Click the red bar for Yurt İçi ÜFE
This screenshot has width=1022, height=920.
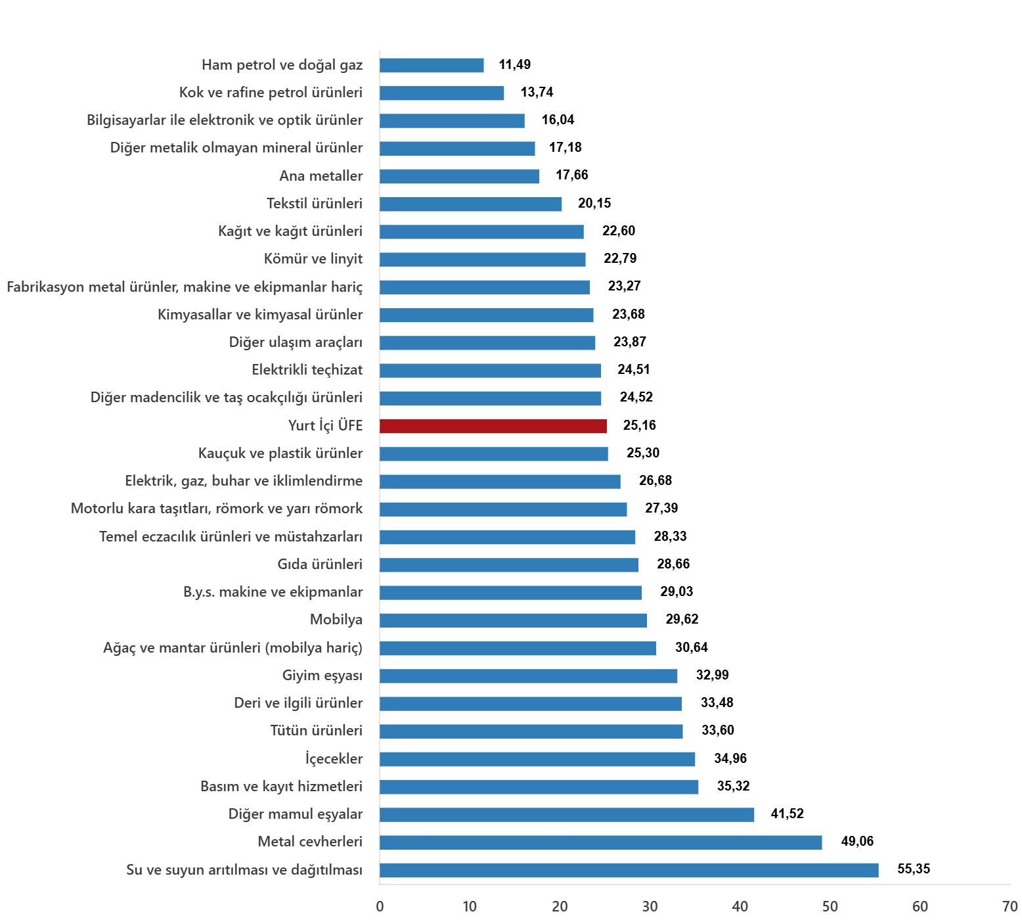tap(493, 426)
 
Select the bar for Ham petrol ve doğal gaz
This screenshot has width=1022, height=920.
tap(432, 65)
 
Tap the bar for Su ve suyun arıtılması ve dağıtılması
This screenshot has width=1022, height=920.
tap(629, 870)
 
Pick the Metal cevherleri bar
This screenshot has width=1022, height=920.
tap(600, 842)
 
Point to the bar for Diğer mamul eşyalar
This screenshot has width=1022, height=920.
tap(567, 815)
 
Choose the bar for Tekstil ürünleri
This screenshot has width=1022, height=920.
tap(470, 204)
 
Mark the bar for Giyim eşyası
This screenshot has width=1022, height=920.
tap(528, 676)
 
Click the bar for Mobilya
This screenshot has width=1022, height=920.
tap(513, 620)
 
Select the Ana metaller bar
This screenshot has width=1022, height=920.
tap(459, 176)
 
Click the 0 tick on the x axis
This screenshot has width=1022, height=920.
tap(380, 907)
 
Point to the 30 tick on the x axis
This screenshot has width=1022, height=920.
tap(650, 907)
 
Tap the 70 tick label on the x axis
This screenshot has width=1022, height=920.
tap(1010, 907)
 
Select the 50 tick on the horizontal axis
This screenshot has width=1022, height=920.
tap(830, 907)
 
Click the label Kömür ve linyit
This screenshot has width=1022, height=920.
tap(313, 259)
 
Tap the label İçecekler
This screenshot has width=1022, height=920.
tap(334, 759)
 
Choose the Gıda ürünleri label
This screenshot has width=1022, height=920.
tap(319, 564)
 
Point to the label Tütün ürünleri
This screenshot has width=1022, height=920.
tap(316, 731)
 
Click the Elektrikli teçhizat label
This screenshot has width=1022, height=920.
tap(307, 370)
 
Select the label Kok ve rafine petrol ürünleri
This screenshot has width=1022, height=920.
tap(271, 93)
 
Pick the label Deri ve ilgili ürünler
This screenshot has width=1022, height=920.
tap(298, 703)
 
